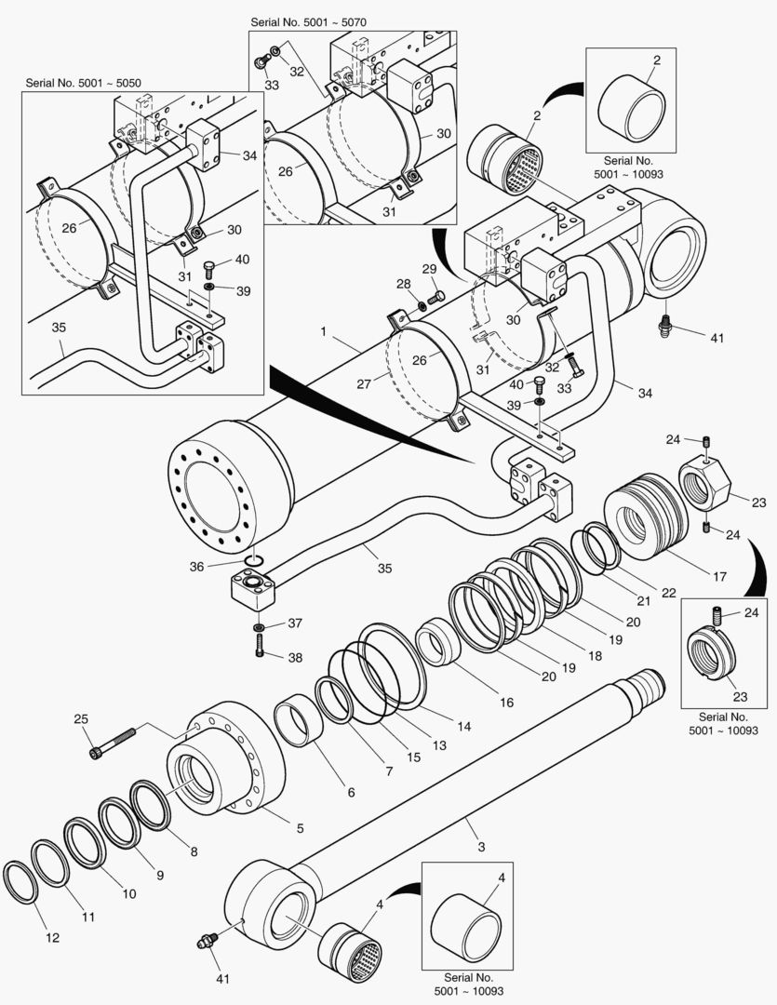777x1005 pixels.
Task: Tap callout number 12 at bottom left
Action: (x=52, y=938)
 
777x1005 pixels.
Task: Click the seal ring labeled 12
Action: (x=20, y=882)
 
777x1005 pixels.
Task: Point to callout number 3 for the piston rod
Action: (x=481, y=847)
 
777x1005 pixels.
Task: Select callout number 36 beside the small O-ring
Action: (x=194, y=565)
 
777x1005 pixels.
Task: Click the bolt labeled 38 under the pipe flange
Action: (x=260, y=650)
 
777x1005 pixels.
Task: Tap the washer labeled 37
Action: (x=260, y=625)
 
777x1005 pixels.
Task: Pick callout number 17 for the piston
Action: (x=719, y=576)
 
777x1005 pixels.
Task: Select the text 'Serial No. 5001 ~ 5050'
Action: (x=83, y=83)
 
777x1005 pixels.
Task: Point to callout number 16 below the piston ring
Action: (x=505, y=703)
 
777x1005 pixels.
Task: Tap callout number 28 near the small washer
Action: (x=403, y=283)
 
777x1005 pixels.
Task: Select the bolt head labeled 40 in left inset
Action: (x=209, y=271)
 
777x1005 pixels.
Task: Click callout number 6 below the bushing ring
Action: (x=351, y=793)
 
